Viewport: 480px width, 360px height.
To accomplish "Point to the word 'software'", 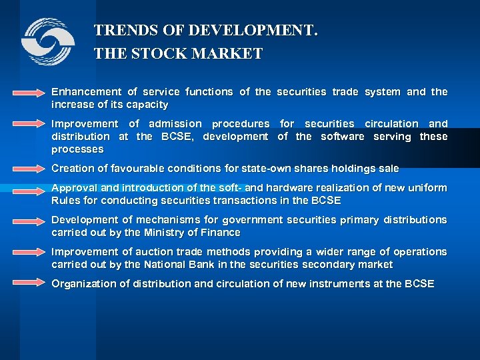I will pos(342,137).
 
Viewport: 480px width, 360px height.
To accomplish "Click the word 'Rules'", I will pos(65,201).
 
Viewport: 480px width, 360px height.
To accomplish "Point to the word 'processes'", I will pos(77,149).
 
